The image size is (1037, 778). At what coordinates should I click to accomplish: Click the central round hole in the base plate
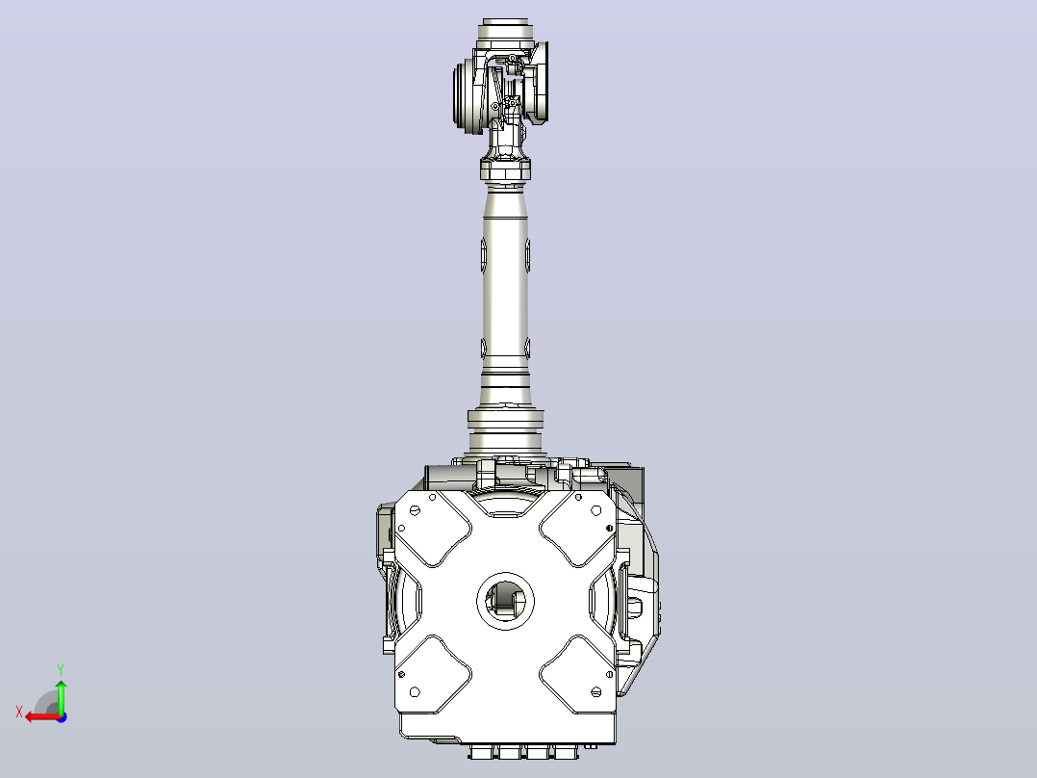pos(506,601)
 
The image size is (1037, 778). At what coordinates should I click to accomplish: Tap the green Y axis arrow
pos(61,696)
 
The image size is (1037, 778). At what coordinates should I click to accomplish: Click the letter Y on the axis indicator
pos(61,670)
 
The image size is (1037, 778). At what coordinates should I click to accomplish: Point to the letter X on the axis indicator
pos(19,713)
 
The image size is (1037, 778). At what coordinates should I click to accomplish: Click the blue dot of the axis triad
pos(62,717)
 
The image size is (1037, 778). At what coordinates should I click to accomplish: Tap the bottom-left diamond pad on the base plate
pos(433,674)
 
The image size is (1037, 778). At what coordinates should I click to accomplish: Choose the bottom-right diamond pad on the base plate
pos(578,674)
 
